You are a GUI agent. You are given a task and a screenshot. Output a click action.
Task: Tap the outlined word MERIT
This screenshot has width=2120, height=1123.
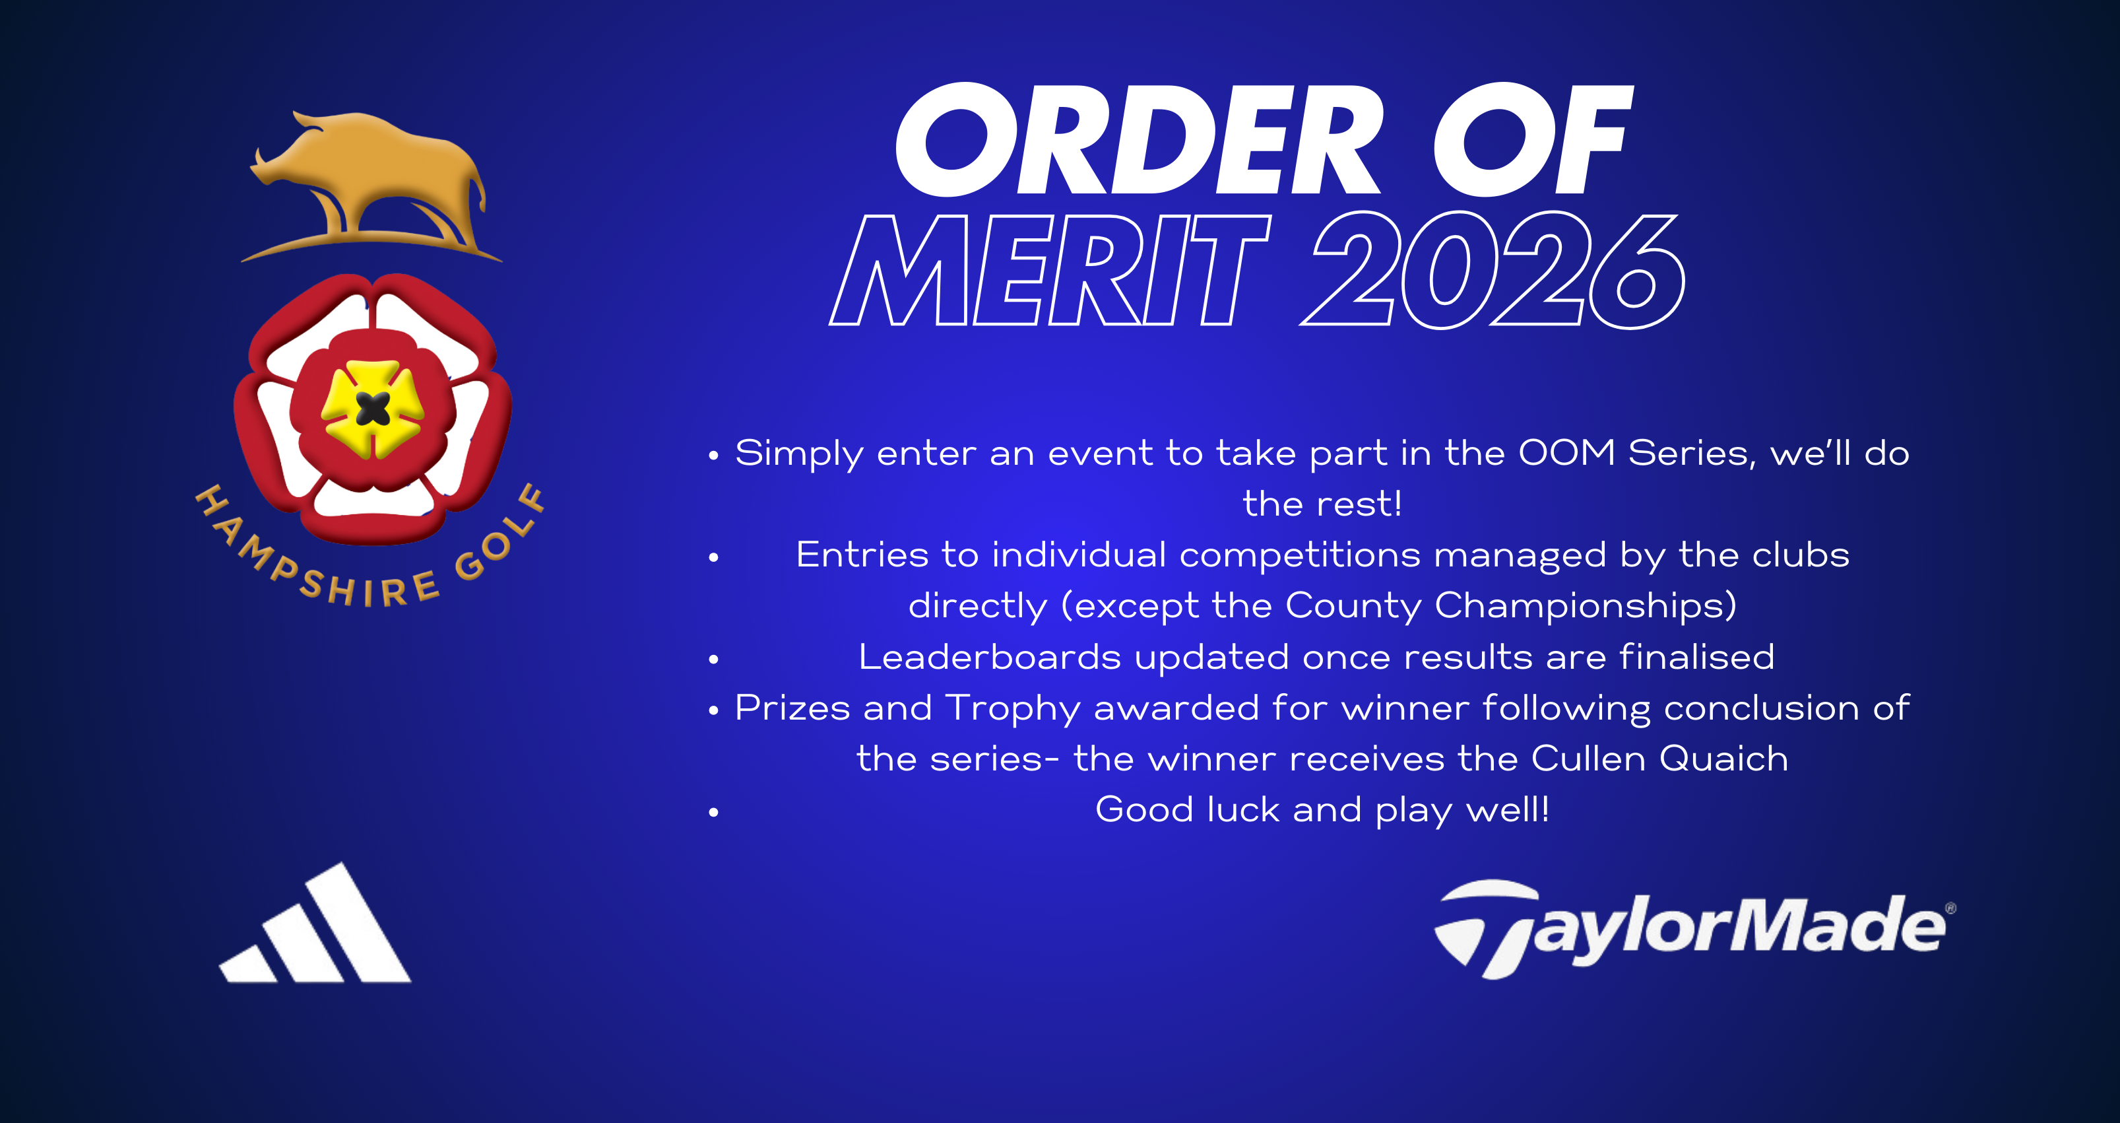[x=1049, y=270]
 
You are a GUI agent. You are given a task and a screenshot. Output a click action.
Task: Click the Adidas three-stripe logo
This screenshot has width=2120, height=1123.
[x=315, y=922]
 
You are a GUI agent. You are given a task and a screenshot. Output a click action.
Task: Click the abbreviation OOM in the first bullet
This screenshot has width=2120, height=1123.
[x=1567, y=453]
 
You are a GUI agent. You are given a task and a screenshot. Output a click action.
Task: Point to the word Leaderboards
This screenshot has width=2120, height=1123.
[x=989, y=657]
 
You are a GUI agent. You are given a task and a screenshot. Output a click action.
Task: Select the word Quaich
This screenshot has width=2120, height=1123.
[x=1724, y=759]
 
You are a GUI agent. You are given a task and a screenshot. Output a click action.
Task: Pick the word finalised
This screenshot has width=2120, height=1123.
[x=1697, y=657]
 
